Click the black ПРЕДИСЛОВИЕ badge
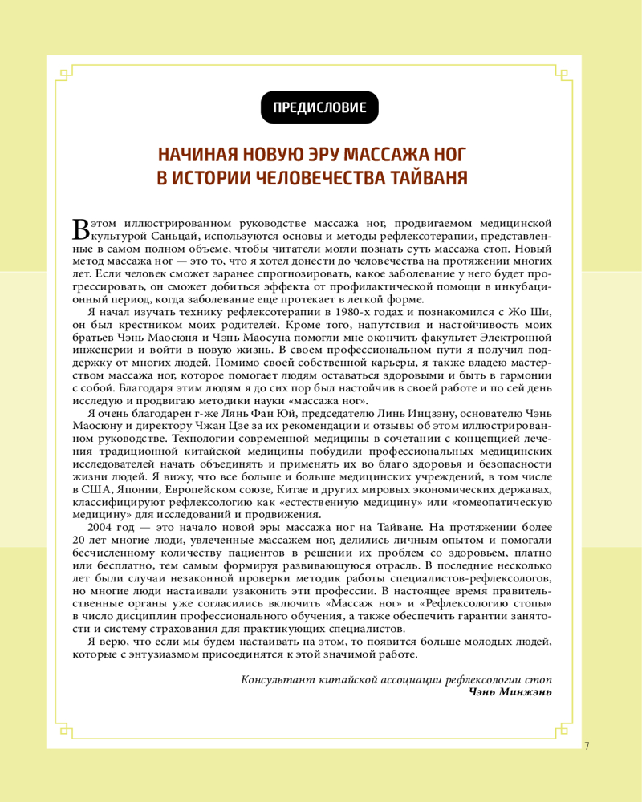click(320, 107)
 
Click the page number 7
click(587, 746)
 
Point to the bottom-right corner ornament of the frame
click(562, 731)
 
